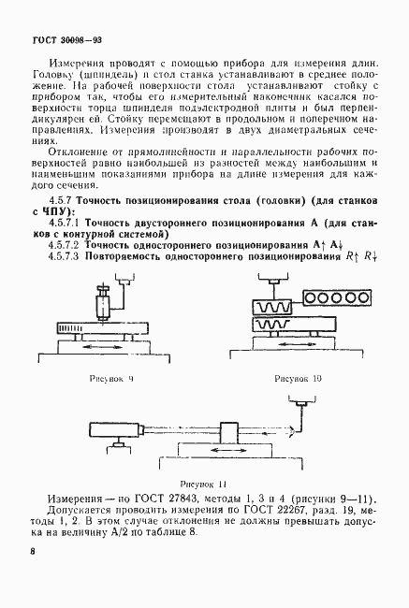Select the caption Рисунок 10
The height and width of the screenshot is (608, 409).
point(297,380)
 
